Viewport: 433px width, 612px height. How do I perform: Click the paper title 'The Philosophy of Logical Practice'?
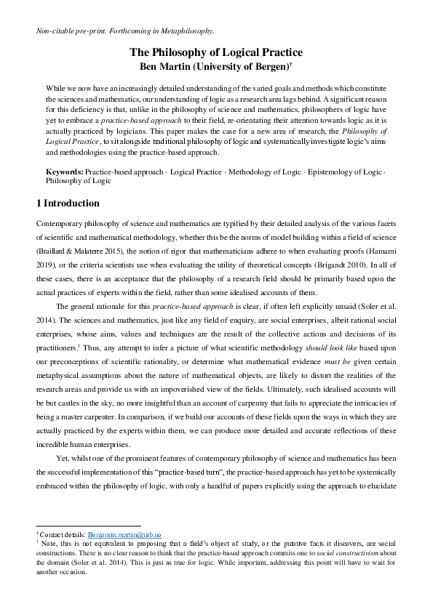pyautogui.click(x=216, y=52)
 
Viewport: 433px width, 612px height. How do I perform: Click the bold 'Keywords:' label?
pyautogui.click(x=64, y=172)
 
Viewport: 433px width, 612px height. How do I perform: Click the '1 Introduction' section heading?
pyautogui.click(x=68, y=203)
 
